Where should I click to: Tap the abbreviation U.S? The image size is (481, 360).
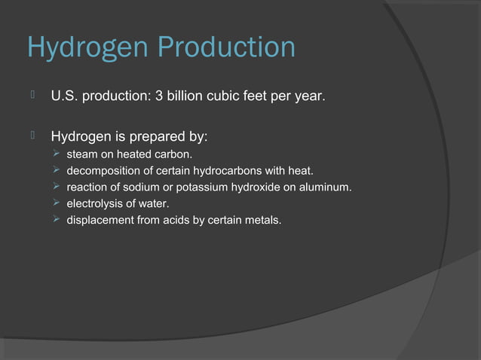(65, 97)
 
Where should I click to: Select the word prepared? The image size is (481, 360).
(160, 138)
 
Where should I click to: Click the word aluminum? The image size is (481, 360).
(327, 188)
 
